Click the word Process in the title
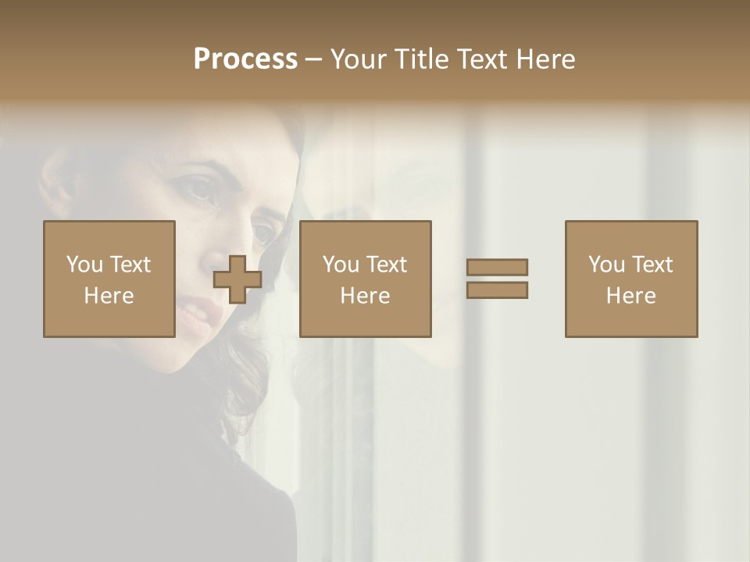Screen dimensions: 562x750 coord(245,59)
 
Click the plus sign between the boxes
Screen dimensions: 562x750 coord(237,279)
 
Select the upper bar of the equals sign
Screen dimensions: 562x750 coord(497,267)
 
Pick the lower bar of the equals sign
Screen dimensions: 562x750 coord(497,290)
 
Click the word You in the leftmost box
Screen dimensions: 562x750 coord(84,265)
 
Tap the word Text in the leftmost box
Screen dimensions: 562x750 coord(130,265)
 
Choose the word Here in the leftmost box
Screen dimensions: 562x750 coord(109,296)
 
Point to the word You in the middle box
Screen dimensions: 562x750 coord(341,265)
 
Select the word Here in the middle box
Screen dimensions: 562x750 coord(365,296)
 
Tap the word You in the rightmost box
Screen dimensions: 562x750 coord(606,265)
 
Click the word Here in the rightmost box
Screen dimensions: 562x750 coord(630,296)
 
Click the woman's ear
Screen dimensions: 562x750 coord(53,187)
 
